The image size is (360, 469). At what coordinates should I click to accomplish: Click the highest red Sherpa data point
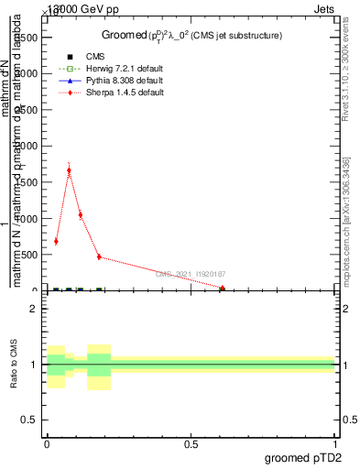pos(69,170)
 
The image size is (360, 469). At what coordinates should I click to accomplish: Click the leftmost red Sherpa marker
pos(56,241)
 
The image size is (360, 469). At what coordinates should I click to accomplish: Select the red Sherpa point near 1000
pos(81,215)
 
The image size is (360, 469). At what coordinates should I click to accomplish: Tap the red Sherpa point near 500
pos(99,256)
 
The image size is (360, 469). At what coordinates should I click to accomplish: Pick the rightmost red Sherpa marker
pos(223,289)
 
